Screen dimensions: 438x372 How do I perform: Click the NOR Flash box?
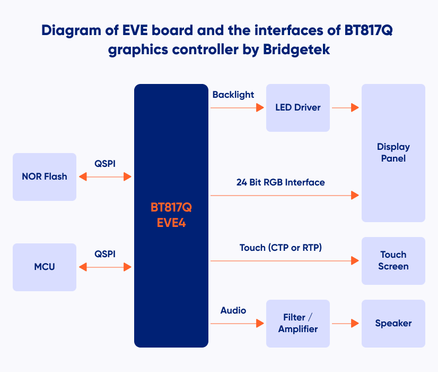[x=45, y=176]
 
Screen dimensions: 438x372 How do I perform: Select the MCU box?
[x=45, y=267]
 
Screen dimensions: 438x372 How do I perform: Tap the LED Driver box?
[x=298, y=108]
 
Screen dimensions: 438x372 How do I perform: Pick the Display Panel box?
[x=393, y=153]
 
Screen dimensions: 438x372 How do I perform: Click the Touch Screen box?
[x=393, y=261]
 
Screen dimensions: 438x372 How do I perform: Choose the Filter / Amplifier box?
[x=298, y=324]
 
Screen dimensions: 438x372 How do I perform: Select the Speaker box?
[x=393, y=324]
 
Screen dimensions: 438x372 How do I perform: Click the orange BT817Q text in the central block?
[x=171, y=207]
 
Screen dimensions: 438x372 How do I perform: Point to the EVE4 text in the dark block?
[x=171, y=223]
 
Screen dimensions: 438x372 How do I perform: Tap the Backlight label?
[x=233, y=95]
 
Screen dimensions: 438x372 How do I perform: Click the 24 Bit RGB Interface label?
[x=281, y=182]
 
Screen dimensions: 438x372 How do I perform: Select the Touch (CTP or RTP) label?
[x=281, y=248]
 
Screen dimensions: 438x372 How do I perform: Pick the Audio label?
[x=233, y=310]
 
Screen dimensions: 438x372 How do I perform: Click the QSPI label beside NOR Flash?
[x=105, y=164]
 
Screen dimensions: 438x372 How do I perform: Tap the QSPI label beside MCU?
[x=105, y=254]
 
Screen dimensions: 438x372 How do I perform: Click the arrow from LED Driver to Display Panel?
[x=346, y=107]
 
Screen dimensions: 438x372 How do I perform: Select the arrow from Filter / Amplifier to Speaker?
[x=346, y=323]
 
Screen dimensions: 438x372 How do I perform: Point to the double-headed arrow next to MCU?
[x=105, y=267]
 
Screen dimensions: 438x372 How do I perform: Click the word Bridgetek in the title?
[x=296, y=49]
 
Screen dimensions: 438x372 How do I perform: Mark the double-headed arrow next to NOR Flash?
[x=105, y=176]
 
